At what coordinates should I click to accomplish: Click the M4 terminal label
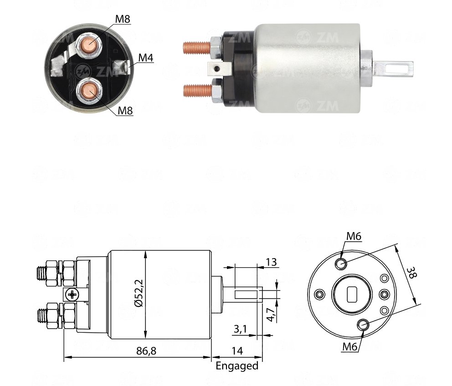[146, 58]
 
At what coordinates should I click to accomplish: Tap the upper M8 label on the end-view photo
[123, 19]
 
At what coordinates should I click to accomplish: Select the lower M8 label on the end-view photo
[125, 110]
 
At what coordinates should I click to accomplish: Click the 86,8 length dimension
[146, 351]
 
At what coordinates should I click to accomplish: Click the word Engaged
[237, 366]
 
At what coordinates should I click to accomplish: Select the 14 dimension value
[237, 351]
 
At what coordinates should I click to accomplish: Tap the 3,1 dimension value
[240, 329]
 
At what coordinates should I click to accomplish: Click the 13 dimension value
[271, 262]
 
